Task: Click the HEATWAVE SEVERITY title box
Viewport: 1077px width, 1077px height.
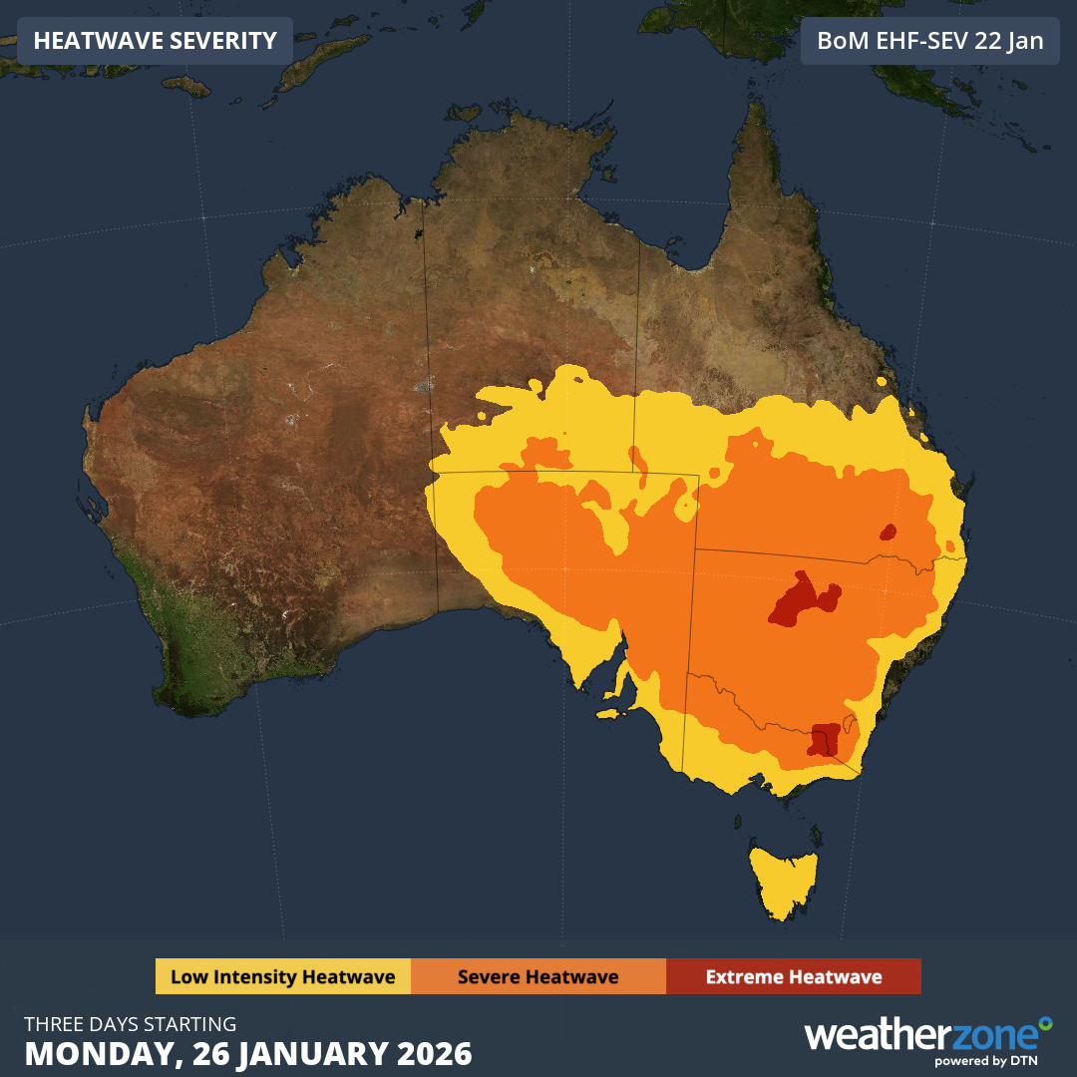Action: (x=155, y=41)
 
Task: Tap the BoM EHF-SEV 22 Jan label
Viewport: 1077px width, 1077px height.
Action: (x=930, y=41)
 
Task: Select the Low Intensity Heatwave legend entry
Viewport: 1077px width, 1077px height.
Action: (x=282, y=976)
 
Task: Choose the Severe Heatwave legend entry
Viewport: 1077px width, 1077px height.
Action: (x=538, y=976)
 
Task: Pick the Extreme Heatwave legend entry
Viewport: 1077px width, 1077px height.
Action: (x=793, y=976)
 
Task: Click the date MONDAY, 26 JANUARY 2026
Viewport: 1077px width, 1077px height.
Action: (x=248, y=1053)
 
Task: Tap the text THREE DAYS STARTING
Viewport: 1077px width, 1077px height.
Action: (x=131, y=1024)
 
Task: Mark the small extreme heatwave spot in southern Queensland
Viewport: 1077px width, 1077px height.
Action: (x=887, y=532)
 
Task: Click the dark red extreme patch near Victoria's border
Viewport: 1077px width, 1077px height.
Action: (x=824, y=740)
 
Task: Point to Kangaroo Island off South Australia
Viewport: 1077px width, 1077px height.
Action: (x=611, y=713)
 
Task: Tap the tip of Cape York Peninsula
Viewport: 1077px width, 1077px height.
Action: (x=755, y=108)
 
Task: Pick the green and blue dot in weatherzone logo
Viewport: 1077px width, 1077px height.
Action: (x=1044, y=1023)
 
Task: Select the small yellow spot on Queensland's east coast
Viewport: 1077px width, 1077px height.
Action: (x=882, y=380)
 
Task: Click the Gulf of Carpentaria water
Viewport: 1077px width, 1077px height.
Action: (x=688, y=199)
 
